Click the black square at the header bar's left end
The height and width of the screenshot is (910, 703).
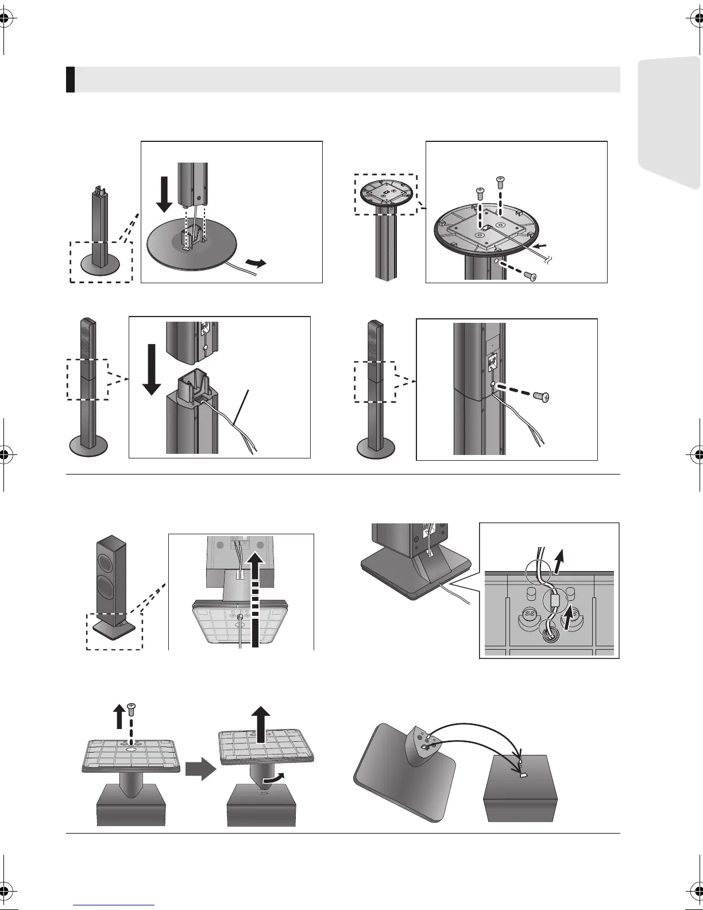click(x=70, y=80)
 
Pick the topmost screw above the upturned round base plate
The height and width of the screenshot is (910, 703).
click(x=500, y=182)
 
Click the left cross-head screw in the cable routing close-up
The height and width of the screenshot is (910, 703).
click(x=530, y=615)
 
